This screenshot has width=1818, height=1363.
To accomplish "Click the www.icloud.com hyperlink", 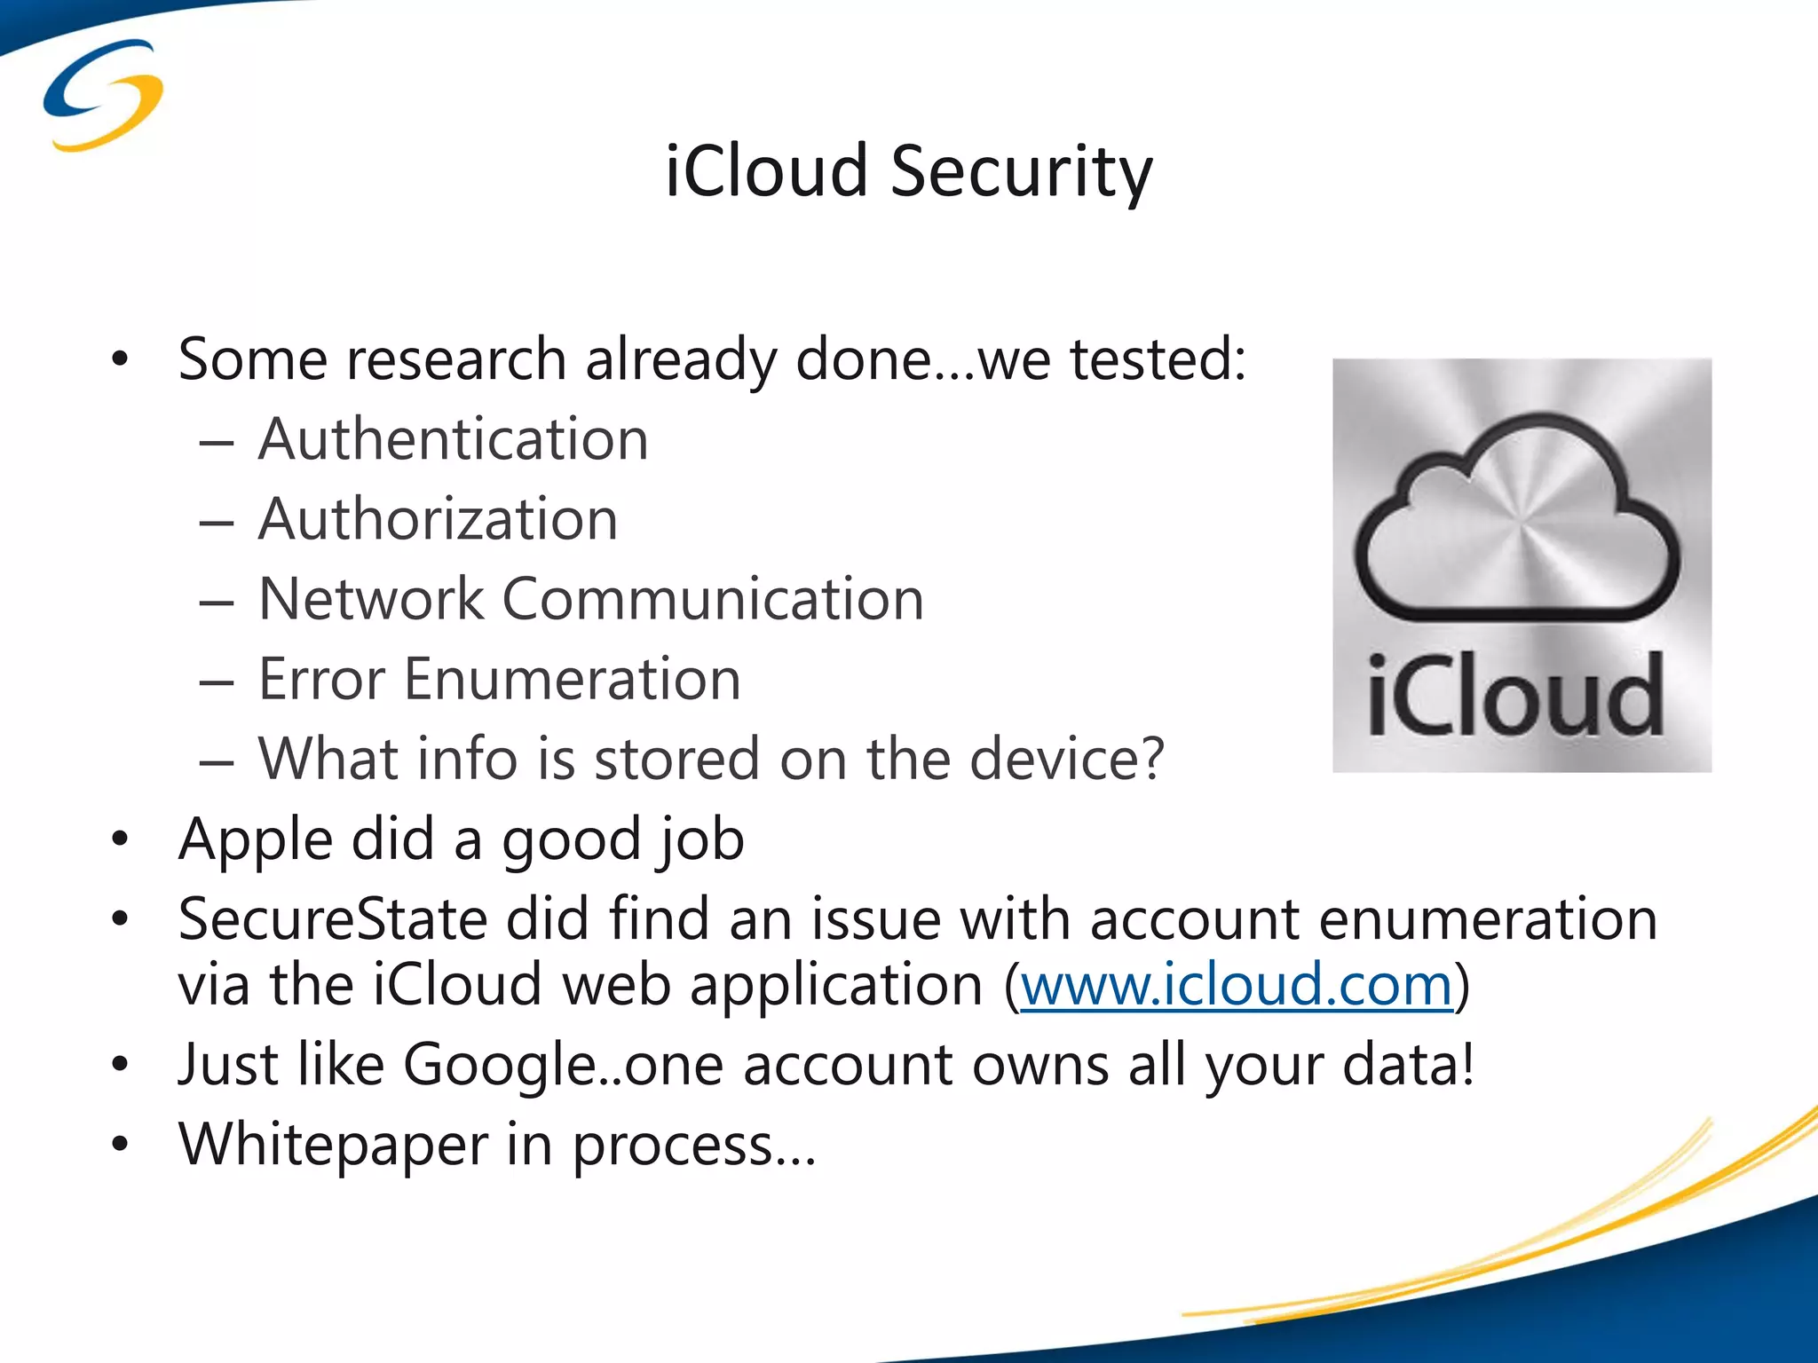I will click(1237, 985).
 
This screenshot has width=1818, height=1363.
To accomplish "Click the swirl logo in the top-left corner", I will click(103, 95).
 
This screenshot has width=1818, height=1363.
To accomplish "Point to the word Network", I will click(370, 599).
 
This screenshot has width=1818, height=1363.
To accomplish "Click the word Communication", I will click(713, 599).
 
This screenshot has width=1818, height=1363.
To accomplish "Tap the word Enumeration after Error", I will click(572, 680).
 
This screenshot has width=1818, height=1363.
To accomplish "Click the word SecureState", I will click(332, 919).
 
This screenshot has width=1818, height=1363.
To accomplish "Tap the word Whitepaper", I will click(333, 1145).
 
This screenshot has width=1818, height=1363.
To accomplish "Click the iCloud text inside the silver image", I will click(1514, 696).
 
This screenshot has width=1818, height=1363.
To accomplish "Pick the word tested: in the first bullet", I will click(1158, 359).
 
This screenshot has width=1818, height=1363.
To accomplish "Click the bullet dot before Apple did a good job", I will click(120, 839).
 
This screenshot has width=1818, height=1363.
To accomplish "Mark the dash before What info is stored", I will click(217, 762).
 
